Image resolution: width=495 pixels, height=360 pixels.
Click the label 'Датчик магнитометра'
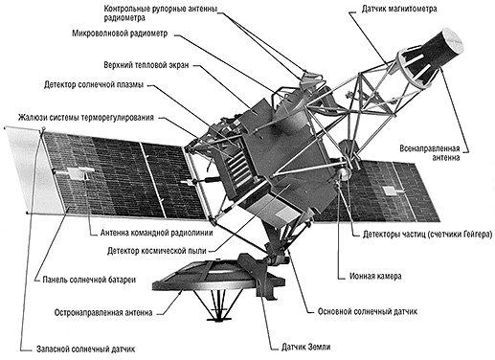coord(399,9)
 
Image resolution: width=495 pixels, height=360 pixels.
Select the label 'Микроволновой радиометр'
coord(120,34)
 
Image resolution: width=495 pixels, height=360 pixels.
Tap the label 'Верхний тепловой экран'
coord(146,65)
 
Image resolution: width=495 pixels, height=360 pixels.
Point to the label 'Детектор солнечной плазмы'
coord(94,85)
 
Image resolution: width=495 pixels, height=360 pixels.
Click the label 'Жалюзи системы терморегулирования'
coord(86,118)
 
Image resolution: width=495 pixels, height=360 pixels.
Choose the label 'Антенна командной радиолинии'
coord(156,233)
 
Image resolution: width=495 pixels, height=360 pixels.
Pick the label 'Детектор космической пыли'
coord(157,251)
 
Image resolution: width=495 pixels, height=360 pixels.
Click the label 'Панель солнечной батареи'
coord(89,280)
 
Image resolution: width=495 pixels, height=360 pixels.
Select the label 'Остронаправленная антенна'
coord(103,312)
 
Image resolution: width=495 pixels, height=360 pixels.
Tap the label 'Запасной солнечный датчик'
coord(85,349)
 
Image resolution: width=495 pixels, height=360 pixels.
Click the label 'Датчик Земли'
coord(305,347)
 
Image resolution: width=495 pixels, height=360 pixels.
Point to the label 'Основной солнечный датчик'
coord(368,311)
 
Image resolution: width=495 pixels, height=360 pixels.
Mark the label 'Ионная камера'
coord(375,276)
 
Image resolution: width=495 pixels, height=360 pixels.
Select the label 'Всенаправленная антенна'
coord(430,153)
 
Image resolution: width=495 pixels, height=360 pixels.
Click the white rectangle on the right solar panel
coord(389,191)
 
